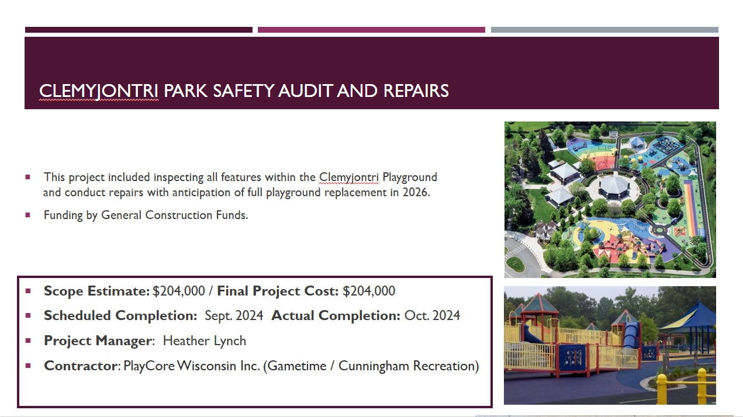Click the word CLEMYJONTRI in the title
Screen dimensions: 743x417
click(x=99, y=91)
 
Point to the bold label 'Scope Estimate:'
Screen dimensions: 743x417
click(x=97, y=291)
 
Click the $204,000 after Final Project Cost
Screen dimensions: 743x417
click(x=369, y=291)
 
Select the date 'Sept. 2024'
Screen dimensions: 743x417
click(x=234, y=315)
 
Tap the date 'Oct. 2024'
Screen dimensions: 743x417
click(x=432, y=315)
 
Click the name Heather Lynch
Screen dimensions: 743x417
click(x=205, y=340)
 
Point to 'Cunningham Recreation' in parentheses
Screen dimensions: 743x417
click(x=407, y=366)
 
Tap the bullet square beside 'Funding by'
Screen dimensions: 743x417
click(x=28, y=215)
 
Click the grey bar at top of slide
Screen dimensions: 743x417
click(x=604, y=30)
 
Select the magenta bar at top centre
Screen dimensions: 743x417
click(x=371, y=30)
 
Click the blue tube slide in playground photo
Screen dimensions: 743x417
click(x=631, y=335)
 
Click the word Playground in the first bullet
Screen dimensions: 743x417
click(x=410, y=178)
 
